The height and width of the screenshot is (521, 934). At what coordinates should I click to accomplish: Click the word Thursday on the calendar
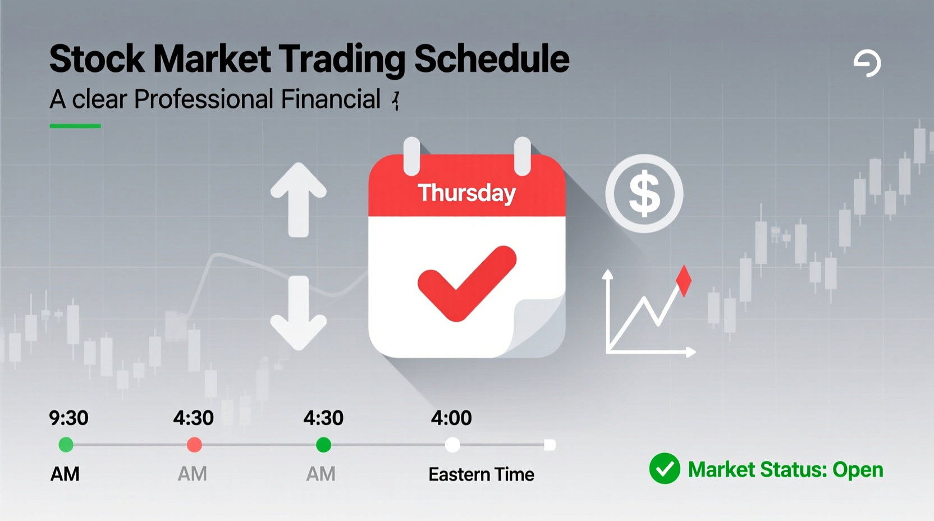pyautogui.click(x=466, y=193)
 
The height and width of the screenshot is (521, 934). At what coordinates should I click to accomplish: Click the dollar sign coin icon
pyautogui.click(x=644, y=194)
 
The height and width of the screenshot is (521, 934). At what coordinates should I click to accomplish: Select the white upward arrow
pyautogui.click(x=298, y=199)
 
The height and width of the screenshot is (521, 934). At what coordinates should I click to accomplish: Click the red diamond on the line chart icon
pyautogui.click(x=684, y=281)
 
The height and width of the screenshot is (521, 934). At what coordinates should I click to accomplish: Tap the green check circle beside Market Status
pyautogui.click(x=665, y=469)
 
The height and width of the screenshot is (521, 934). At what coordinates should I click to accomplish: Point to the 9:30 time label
pyautogui.click(x=68, y=418)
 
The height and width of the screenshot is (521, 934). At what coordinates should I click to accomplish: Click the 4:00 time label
pyautogui.click(x=451, y=418)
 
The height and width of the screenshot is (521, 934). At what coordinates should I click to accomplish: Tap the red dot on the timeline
pyautogui.click(x=194, y=445)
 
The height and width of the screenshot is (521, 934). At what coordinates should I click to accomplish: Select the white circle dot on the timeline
pyautogui.click(x=452, y=445)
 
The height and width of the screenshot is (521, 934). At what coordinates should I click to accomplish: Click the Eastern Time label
pyautogui.click(x=481, y=474)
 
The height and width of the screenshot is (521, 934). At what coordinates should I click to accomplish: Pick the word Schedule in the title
pyautogui.click(x=492, y=60)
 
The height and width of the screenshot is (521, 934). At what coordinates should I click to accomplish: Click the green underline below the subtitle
pyautogui.click(x=75, y=126)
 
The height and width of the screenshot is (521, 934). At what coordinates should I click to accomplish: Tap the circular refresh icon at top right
pyautogui.click(x=867, y=63)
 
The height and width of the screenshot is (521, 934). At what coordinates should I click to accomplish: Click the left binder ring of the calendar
pyautogui.click(x=411, y=156)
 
